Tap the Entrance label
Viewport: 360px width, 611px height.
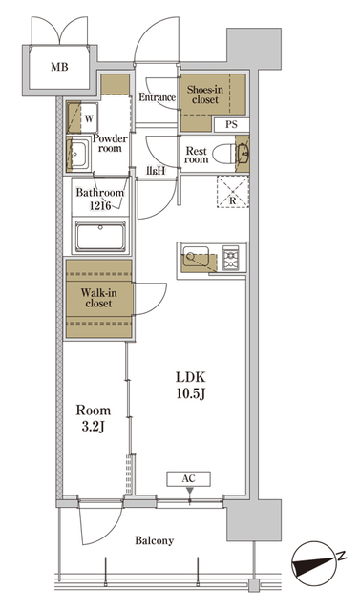click(157, 97)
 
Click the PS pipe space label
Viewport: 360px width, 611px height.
click(232, 124)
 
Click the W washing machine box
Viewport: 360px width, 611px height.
click(88, 119)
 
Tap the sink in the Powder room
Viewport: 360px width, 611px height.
click(78, 153)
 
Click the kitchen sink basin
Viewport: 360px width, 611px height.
click(199, 256)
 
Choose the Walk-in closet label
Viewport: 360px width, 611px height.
click(96, 297)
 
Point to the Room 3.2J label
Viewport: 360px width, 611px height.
click(94, 416)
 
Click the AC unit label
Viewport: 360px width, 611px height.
click(189, 479)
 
